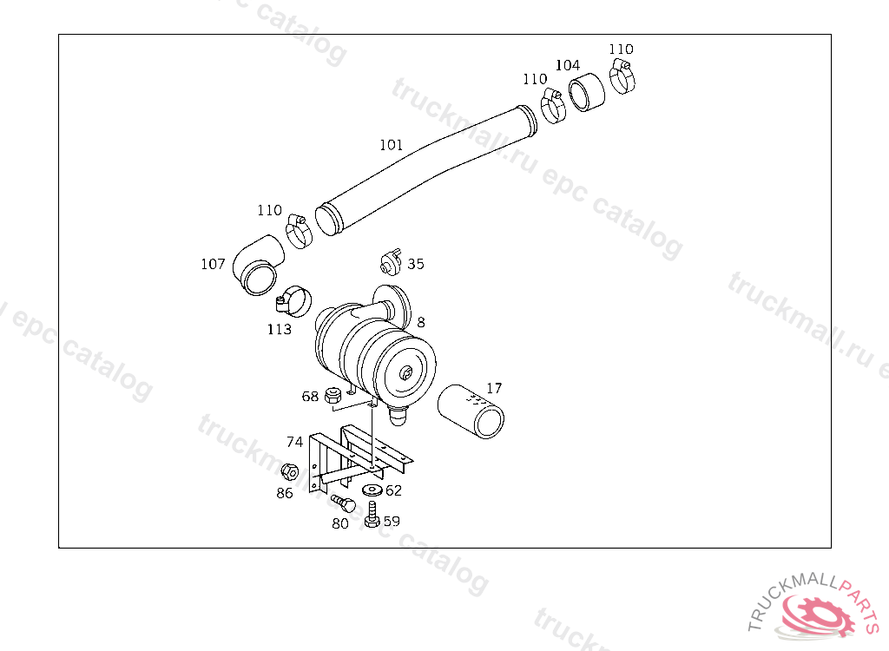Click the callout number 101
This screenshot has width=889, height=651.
392,145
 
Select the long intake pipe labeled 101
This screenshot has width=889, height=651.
425,170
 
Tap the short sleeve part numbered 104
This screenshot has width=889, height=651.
587,92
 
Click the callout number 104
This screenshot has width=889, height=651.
568,65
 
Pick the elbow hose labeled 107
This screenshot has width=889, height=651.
258,265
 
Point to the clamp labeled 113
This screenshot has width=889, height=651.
294,302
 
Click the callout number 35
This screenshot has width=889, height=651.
416,264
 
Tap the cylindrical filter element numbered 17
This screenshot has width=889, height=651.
471,411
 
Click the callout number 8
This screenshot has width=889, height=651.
421,322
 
